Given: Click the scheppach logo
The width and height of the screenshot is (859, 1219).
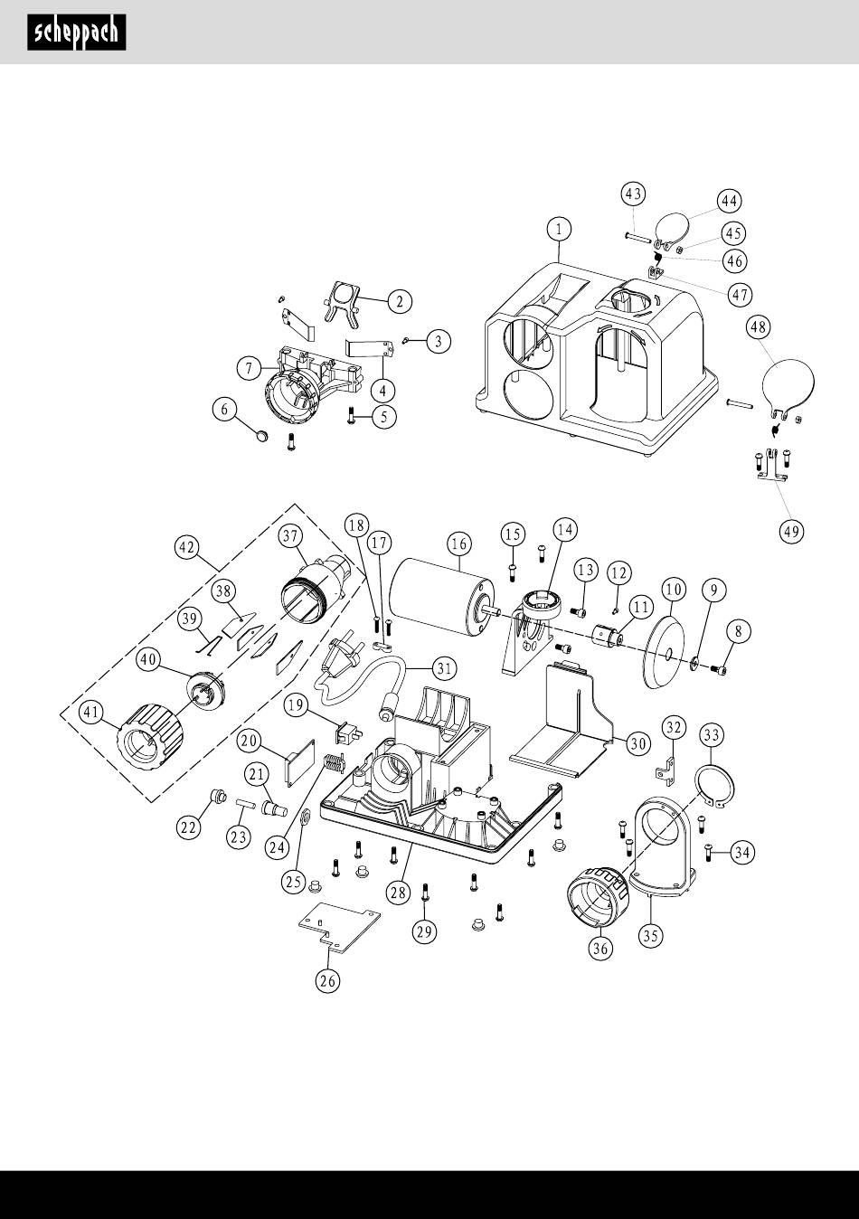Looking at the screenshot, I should pos(76,33).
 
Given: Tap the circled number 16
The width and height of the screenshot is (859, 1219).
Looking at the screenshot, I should pos(459,543).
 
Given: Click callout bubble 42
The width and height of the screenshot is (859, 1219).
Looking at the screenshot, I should pos(187,548).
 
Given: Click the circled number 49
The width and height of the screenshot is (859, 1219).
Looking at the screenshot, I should pos(791,531).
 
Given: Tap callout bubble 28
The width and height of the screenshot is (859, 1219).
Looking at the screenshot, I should pos(399,893).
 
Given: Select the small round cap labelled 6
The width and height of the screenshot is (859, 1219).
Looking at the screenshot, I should pos(263,436).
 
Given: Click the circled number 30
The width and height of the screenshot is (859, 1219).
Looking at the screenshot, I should pos(637,743).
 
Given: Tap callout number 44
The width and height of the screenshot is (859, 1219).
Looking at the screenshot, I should pos(729,200).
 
